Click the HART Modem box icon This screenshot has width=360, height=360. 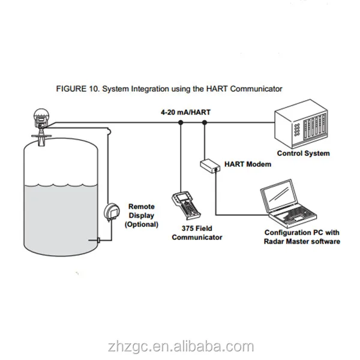click(210, 166)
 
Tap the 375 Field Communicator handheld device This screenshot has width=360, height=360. click(186, 206)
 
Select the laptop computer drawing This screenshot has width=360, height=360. click(289, 203)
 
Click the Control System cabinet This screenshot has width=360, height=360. click(301, 124)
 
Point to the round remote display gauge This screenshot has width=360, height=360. click(112, 212)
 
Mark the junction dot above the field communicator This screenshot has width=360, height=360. click(181, 122)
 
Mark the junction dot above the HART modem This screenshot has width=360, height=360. click(205, 122)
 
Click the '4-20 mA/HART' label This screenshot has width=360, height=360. click(185, 112)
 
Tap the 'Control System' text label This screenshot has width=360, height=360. click(303, 153)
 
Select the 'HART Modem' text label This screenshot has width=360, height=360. click(248, 164)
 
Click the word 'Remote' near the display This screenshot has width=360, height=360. click(142, 206)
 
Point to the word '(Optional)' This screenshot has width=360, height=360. click(142, 224)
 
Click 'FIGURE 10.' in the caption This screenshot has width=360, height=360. click(78, 89)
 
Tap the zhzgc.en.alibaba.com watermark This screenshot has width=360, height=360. click(181, 347)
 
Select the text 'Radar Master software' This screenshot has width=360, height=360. click(302, 242)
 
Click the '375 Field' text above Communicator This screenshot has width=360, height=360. click(197, 229)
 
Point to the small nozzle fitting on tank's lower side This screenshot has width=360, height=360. click(98, 240)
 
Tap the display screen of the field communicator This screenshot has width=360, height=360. click(181, 197)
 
